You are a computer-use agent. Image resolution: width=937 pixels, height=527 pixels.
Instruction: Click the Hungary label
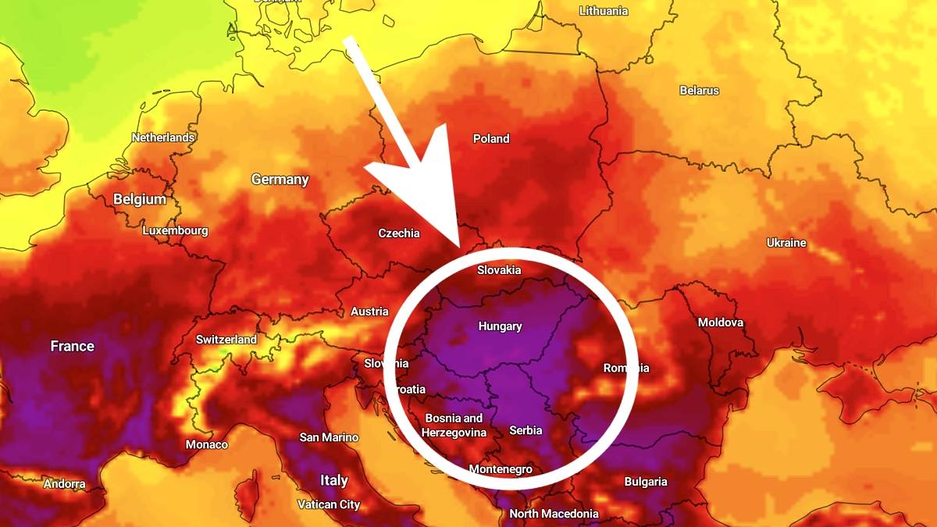click(x=501, y=326)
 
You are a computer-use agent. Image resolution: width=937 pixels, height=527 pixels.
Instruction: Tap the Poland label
click(x=491, y=139)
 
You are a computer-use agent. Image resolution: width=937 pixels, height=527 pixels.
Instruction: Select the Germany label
click(x=280, y=180)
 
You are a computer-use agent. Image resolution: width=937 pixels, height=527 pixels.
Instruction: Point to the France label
click(x=73, y=346)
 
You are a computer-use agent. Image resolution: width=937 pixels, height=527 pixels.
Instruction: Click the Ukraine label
click(x=786, y=243)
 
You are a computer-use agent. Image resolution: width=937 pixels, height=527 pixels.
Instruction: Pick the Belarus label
click(x=699, y=91)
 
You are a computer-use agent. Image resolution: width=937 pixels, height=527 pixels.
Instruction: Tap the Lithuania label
click(x=604, y=11)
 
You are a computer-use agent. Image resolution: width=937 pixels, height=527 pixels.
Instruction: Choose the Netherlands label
click(x=163, y=137)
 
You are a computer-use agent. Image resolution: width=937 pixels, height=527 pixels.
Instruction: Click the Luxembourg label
click(x=176, y=230)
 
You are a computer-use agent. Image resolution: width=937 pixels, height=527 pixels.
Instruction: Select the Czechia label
click(x=399, y=233)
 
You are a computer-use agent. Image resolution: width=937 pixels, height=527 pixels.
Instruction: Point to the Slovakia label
click(x=499, y=270)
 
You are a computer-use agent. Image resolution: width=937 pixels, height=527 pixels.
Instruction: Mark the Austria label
click(x=369, y=312)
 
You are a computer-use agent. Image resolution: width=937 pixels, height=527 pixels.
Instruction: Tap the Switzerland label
click(x=226, y=340)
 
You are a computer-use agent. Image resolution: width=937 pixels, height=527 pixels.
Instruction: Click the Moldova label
click(x=721, y=322)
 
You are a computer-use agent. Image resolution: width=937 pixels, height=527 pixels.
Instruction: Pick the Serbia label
click(x=526, y=430)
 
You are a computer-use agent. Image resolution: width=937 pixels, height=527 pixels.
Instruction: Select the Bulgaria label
click(x=646, y=482)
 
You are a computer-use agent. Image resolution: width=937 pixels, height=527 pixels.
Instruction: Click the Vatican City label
click(x=329, y=504)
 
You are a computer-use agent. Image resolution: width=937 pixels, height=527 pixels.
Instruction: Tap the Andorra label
click(x=65, y=484)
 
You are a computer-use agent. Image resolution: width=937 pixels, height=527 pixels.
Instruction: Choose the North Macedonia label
click(x=554, y=514)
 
